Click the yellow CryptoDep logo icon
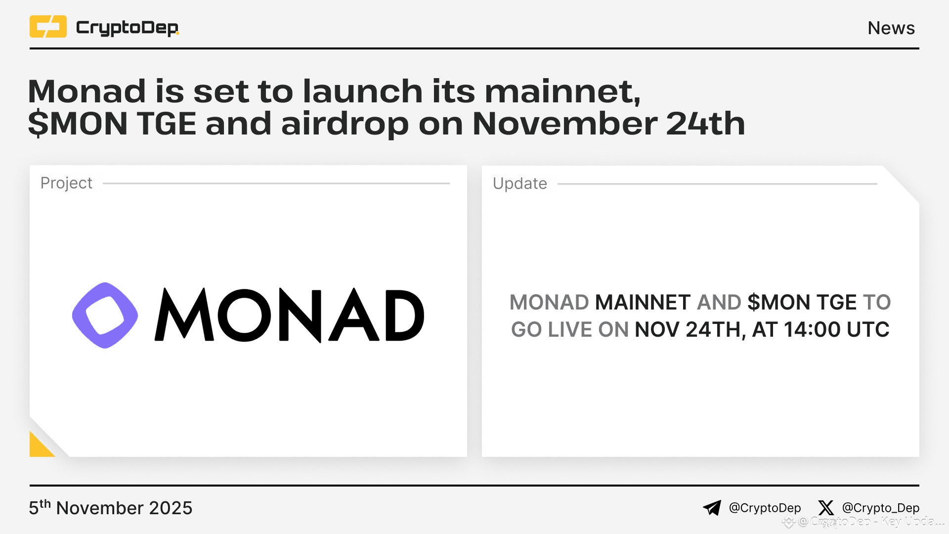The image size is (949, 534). [48, 27]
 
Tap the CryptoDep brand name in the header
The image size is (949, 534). [127, 28]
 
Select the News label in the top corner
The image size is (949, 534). [891, 28]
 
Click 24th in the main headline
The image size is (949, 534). [705, 124]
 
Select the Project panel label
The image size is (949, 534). [66, 183]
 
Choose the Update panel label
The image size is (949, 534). [519, 183]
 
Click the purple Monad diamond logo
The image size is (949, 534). [105, 315]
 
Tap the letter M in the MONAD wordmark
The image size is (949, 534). [184, 315]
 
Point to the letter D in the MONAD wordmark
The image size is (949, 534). [404, 315]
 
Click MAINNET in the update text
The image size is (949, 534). [643, 302]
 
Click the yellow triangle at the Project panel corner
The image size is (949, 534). [40, 446]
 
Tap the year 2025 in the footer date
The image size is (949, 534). [171, 508]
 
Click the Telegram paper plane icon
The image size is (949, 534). [712, 508]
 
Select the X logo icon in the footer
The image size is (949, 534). [825, 508]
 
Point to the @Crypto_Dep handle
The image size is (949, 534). [880, 508]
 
